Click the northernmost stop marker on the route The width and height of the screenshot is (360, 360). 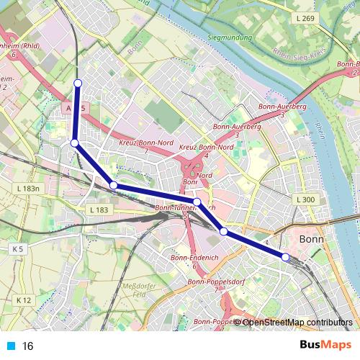tap(78, 83)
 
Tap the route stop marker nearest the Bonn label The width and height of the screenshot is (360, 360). tap(285, 257)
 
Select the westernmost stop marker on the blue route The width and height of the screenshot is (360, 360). tap(74, 143)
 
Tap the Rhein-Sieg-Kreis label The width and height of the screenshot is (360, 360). tap(299, 53)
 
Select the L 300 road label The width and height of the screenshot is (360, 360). tap(305, 199)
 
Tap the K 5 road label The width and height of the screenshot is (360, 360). tap(18, 248)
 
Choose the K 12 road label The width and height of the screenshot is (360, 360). tap(24, 300)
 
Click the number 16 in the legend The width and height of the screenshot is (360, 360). tap(28, 346)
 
